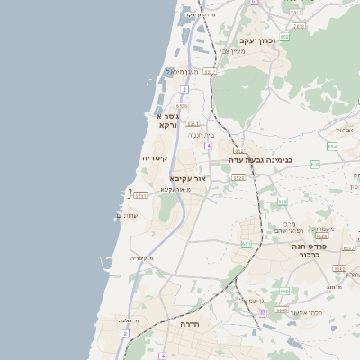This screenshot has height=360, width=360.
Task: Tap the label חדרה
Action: point(189,323)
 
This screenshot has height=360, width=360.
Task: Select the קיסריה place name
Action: point(154,157)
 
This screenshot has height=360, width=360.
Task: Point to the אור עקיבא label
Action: point(188,179)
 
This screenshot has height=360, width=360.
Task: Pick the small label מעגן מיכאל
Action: point(187,71)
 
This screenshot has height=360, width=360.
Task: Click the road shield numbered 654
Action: point(332,146)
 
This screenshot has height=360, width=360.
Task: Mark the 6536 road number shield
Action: point(182,106)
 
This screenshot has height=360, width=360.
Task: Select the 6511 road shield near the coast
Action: point(139,194)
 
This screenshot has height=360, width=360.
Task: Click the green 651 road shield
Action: point(247,243)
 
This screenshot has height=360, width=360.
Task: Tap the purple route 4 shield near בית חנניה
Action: point(208,145)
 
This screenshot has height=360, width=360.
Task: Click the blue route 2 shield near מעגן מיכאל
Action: point(184,89)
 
